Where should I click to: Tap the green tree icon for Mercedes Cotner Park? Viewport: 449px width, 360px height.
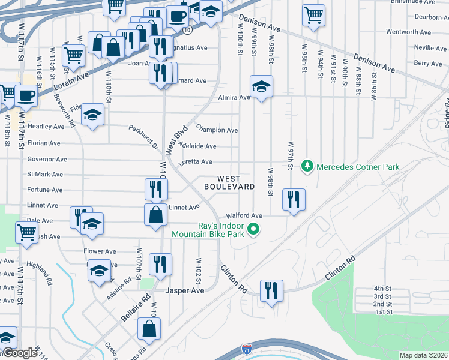pyautogui.click(x=307, y=165)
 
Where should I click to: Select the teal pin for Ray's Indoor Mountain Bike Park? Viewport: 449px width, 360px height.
pyautogui.click(x=253, y=229)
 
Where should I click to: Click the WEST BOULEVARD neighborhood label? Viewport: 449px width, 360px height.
pyautogui.click(x=229, y=183)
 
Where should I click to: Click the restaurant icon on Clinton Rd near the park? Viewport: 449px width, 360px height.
pyautogui.click(x=271, y=291)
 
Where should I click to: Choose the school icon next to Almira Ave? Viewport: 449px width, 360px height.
pyautogui.click(x=261, y=87)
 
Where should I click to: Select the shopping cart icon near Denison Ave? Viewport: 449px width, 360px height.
pyautogui.click(x=313, y=16)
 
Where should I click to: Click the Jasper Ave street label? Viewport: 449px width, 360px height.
pyautogui.click(x=185, y=290)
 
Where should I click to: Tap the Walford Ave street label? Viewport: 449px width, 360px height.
pyautogui.click(x=244, y=215)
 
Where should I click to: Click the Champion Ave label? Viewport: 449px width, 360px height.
pyautogui.click(x=217, y=130)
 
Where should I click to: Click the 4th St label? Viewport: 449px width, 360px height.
pyautogui.click(x=382, y=289)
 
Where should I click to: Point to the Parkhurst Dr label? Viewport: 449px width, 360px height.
pyautogui.click(x=143, y=137)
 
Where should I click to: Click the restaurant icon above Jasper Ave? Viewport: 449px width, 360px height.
pyautogui.click(x=160, y=263)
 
